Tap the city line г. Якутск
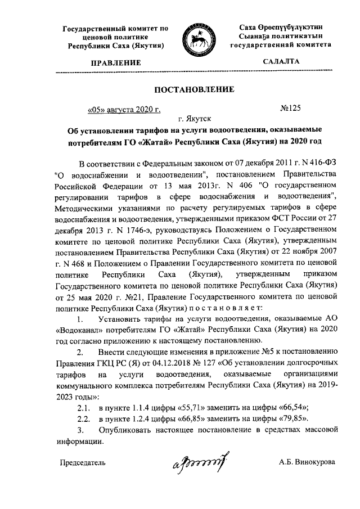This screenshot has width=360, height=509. click(194, 119)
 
